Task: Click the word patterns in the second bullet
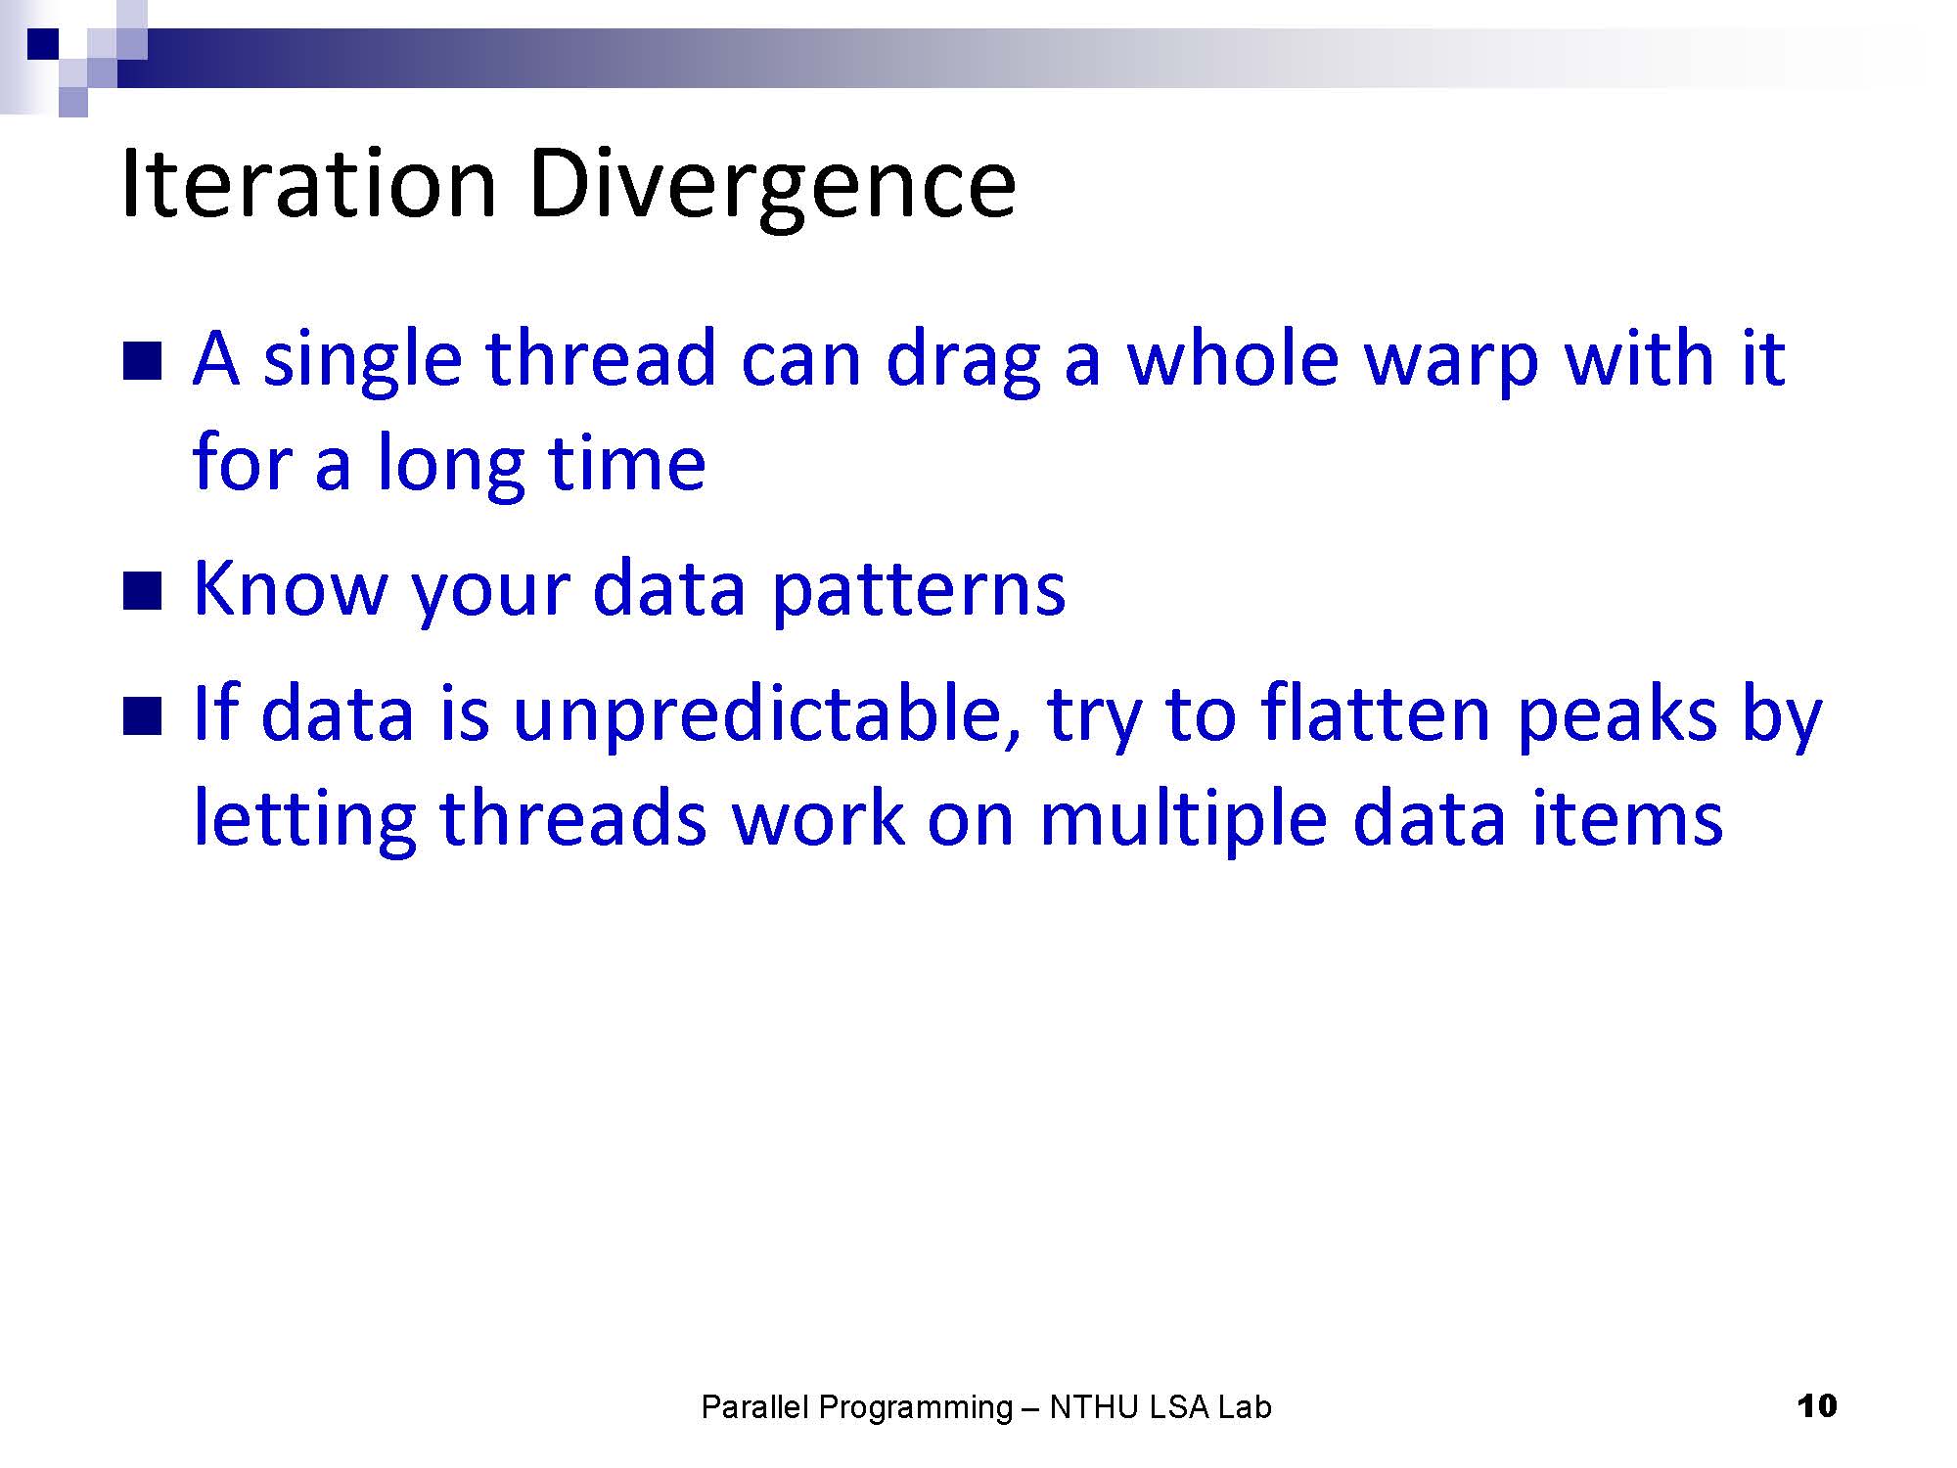919,592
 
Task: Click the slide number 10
1817,1406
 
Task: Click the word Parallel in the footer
755,1407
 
